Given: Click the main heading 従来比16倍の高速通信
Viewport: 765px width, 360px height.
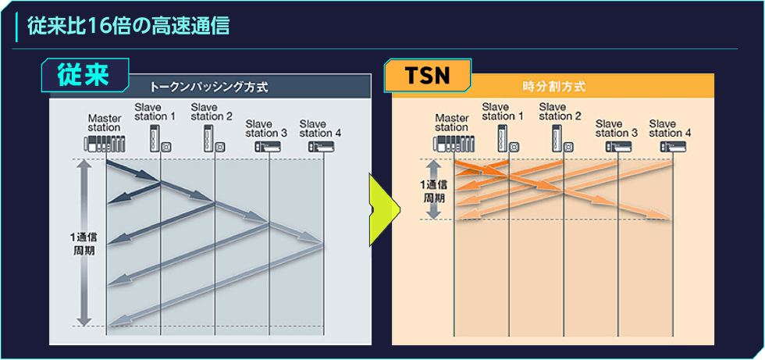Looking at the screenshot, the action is [128, 27].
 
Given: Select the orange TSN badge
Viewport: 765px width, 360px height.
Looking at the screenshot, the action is [428, 76].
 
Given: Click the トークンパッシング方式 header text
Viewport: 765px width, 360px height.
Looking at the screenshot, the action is [209, 87].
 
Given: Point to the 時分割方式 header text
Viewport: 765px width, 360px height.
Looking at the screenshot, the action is [553, 87].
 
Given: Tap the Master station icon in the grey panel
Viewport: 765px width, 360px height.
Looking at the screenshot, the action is [105, 145].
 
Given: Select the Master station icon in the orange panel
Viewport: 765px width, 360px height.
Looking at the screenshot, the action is [454, 145].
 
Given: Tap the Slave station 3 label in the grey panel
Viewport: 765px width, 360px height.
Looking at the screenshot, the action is [266, 128].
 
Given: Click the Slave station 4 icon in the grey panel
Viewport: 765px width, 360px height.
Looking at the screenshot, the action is [321, 146].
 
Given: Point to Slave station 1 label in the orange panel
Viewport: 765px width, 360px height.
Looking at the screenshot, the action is [503, 111].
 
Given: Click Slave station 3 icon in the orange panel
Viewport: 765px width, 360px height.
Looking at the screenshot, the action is [618, 146].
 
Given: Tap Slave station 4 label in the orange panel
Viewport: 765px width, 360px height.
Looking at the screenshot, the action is [670, 128].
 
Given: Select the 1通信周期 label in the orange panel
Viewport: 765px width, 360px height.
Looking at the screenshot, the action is [433, 191].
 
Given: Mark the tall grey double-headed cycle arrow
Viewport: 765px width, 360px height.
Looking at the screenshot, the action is [84, 243].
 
